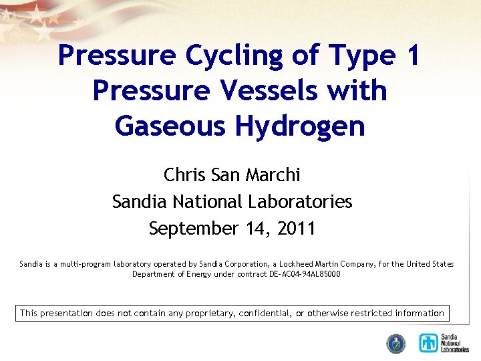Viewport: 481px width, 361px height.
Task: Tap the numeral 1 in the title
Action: coord(411,55)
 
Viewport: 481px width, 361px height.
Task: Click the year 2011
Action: coord(294,229)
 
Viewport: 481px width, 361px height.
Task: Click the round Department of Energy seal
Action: coord(396,343)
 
